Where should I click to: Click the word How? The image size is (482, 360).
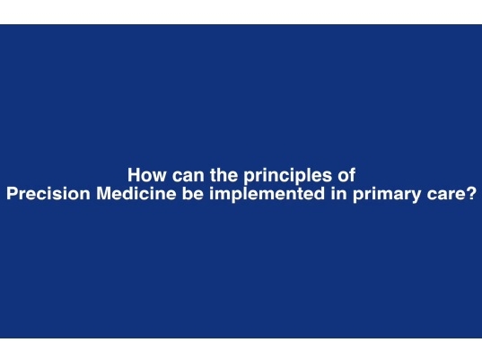(x=145, y=175)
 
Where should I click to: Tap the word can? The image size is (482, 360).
(x=184, y=175)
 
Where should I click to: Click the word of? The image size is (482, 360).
(x=347, y=175)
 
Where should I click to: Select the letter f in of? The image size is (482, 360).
(x=353, y=175)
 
